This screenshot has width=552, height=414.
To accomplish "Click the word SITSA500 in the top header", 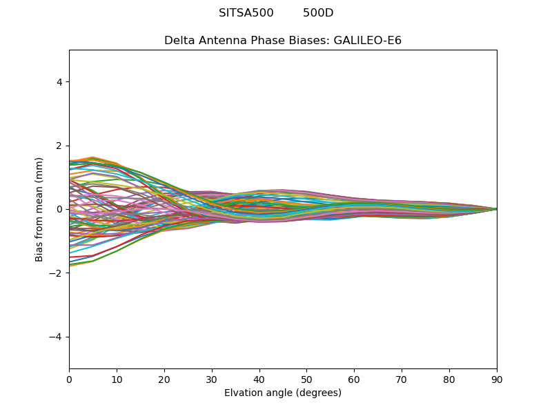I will tap(246, 13).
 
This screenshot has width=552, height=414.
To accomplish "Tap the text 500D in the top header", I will tap(318, 13).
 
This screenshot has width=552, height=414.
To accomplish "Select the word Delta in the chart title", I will tap(179, 41).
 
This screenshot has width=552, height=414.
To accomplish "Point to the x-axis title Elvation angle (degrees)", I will tap(283, 393).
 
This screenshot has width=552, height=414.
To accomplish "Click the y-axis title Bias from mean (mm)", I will tap(39, 209).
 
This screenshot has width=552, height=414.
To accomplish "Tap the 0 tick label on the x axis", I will tap(69, 379).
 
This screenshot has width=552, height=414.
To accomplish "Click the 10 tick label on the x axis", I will tap(117, 379).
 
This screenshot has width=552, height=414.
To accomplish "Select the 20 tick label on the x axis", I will tap(164, 379).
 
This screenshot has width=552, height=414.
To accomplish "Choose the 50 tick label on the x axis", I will tap(306, 379).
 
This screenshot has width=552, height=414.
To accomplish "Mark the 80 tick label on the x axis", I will tap(449, 379).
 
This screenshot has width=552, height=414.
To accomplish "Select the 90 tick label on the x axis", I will tap(497, 379).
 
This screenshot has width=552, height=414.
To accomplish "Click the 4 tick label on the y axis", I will tap(60, 82).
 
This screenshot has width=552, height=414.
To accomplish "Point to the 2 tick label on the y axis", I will tap(60, 146).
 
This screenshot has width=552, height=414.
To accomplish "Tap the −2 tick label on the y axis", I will tap(57, 273).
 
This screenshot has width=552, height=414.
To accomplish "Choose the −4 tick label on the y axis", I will tap(57, 337).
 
